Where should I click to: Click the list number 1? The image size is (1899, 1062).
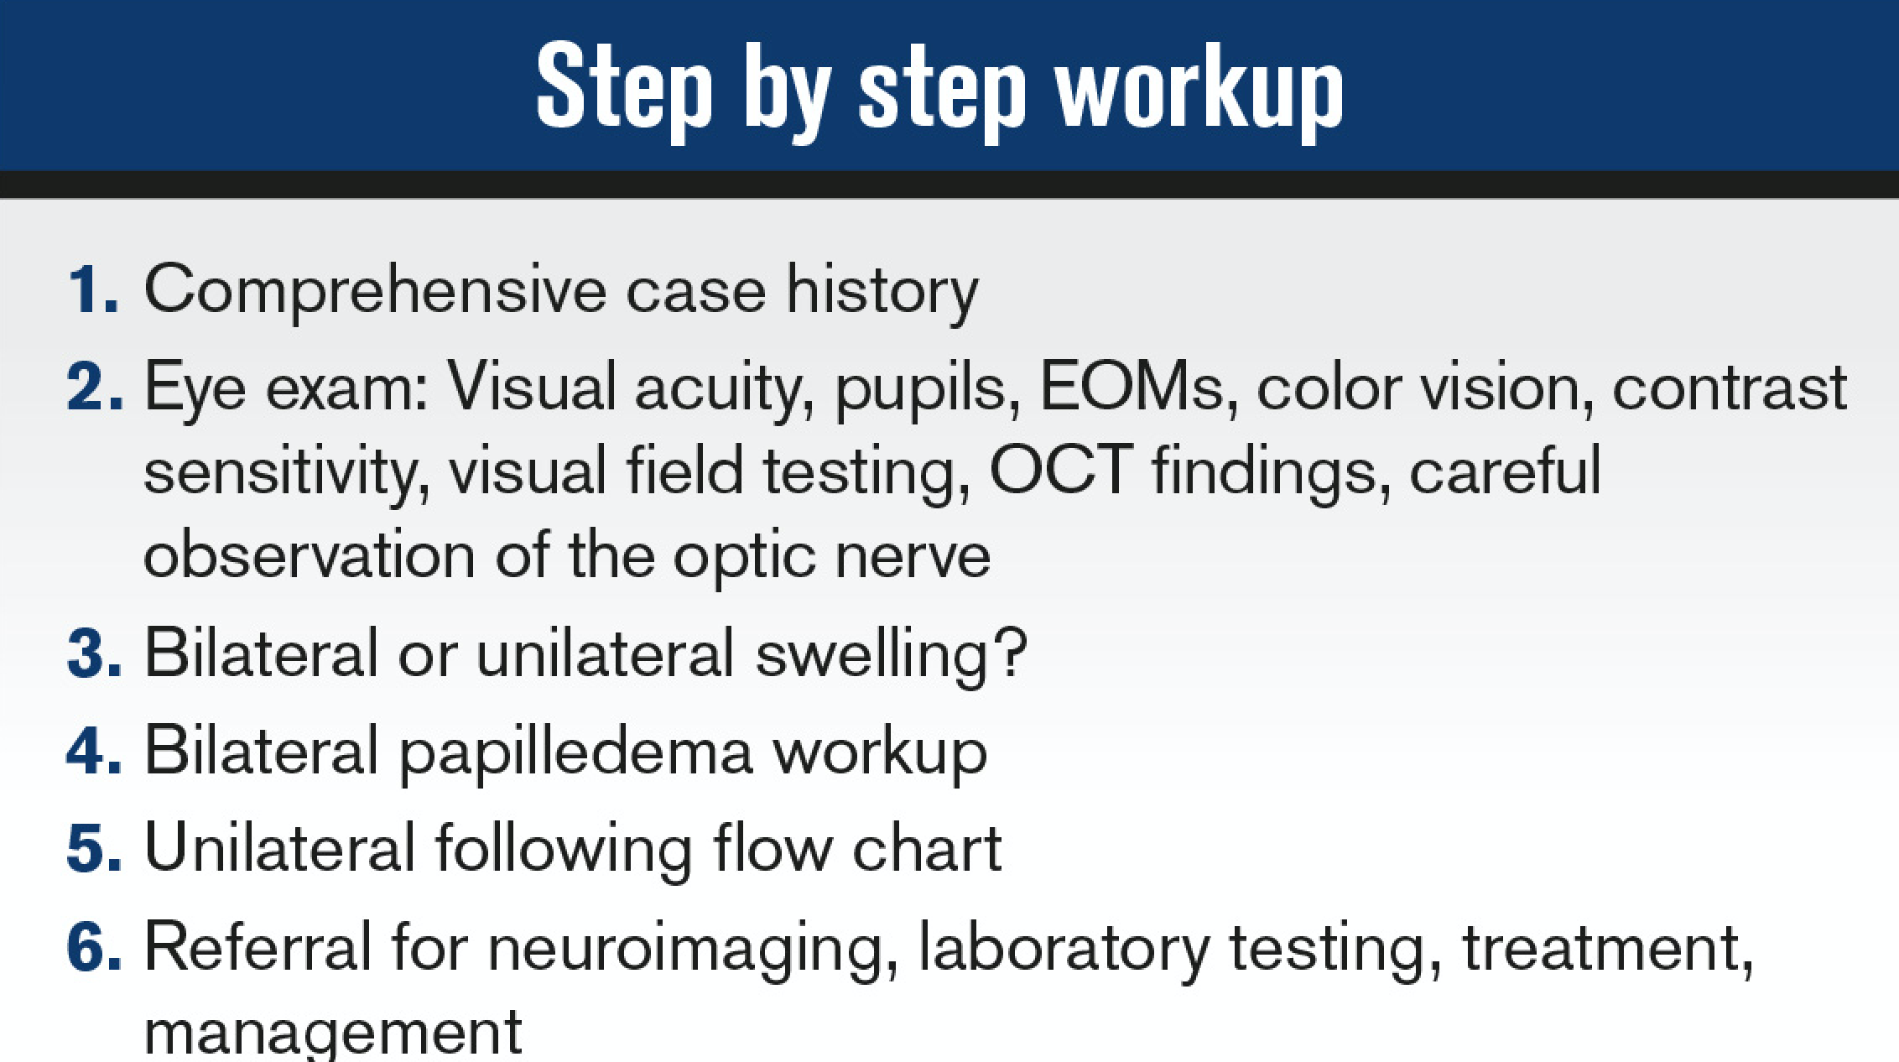pos(92,289)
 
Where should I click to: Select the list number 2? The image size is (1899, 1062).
pos(94,388)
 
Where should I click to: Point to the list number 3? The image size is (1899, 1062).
pos(94,653)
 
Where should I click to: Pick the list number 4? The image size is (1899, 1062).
pos(94,750)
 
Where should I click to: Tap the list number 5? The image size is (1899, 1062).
pos(94,847)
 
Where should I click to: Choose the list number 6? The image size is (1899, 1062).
pos(94,945)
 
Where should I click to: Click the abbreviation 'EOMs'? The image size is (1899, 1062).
pos(1133,387)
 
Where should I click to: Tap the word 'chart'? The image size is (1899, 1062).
pos(927,847)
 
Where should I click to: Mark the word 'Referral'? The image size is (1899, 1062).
pos(258,945)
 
